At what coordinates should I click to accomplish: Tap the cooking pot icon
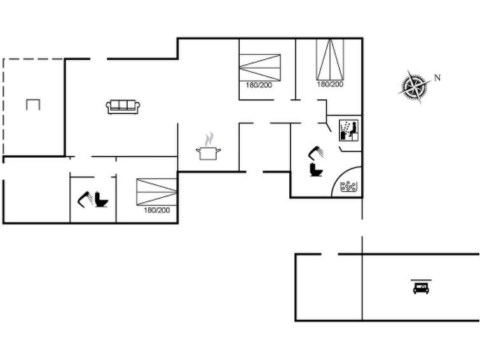209,153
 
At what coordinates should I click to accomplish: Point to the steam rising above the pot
209,139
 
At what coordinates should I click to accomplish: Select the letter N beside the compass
437,78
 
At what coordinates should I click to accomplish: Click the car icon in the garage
421,288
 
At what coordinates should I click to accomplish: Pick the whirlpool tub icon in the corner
348,186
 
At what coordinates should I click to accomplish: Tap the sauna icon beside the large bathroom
348,130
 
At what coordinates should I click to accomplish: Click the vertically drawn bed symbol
330,59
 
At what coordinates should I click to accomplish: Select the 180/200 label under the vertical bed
330,84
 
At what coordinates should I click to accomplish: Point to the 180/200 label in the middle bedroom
259,85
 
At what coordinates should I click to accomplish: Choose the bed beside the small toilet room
156,191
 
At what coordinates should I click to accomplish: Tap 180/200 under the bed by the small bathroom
156,210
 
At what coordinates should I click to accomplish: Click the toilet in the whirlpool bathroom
315,170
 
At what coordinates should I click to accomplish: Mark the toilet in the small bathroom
102,200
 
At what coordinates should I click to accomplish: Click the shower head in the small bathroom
85,200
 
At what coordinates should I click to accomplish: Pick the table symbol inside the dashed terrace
33,104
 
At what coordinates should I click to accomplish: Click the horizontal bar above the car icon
420,279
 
